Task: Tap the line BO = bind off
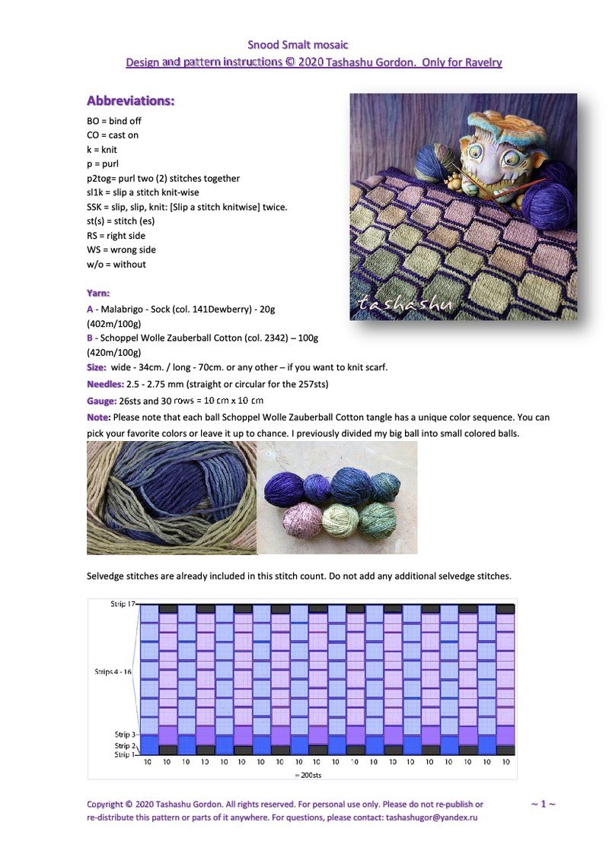[x=114, y=121]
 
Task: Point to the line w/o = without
[x=116, y=265]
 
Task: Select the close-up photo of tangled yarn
[x=172, y=497]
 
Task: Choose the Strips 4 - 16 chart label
[x=113, y=672]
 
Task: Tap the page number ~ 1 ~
[x=543, y=804]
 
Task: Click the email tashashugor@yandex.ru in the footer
[x=432, y=817]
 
